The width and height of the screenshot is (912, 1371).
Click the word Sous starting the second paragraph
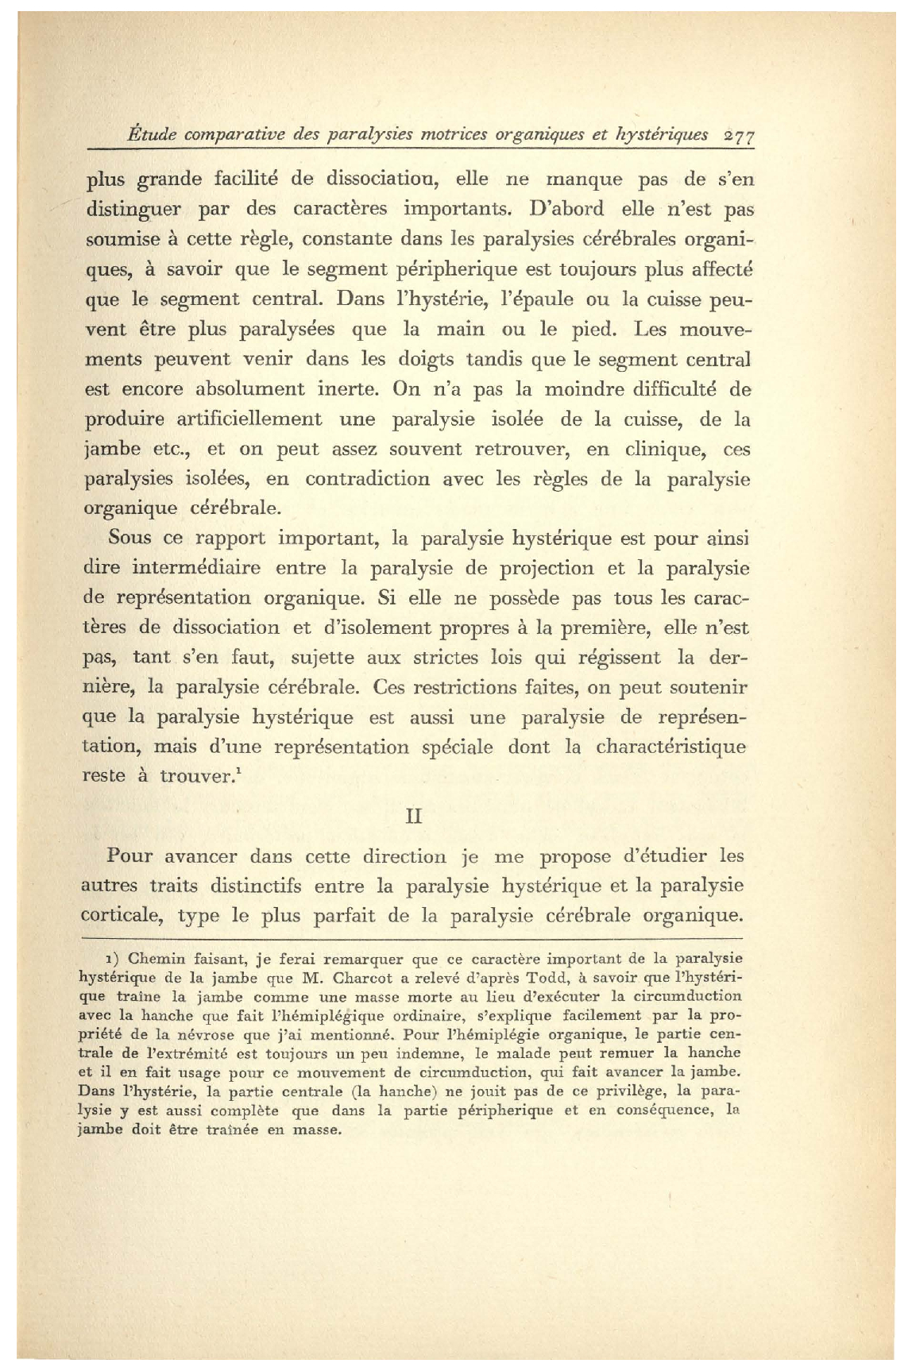[x=129, y=538]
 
